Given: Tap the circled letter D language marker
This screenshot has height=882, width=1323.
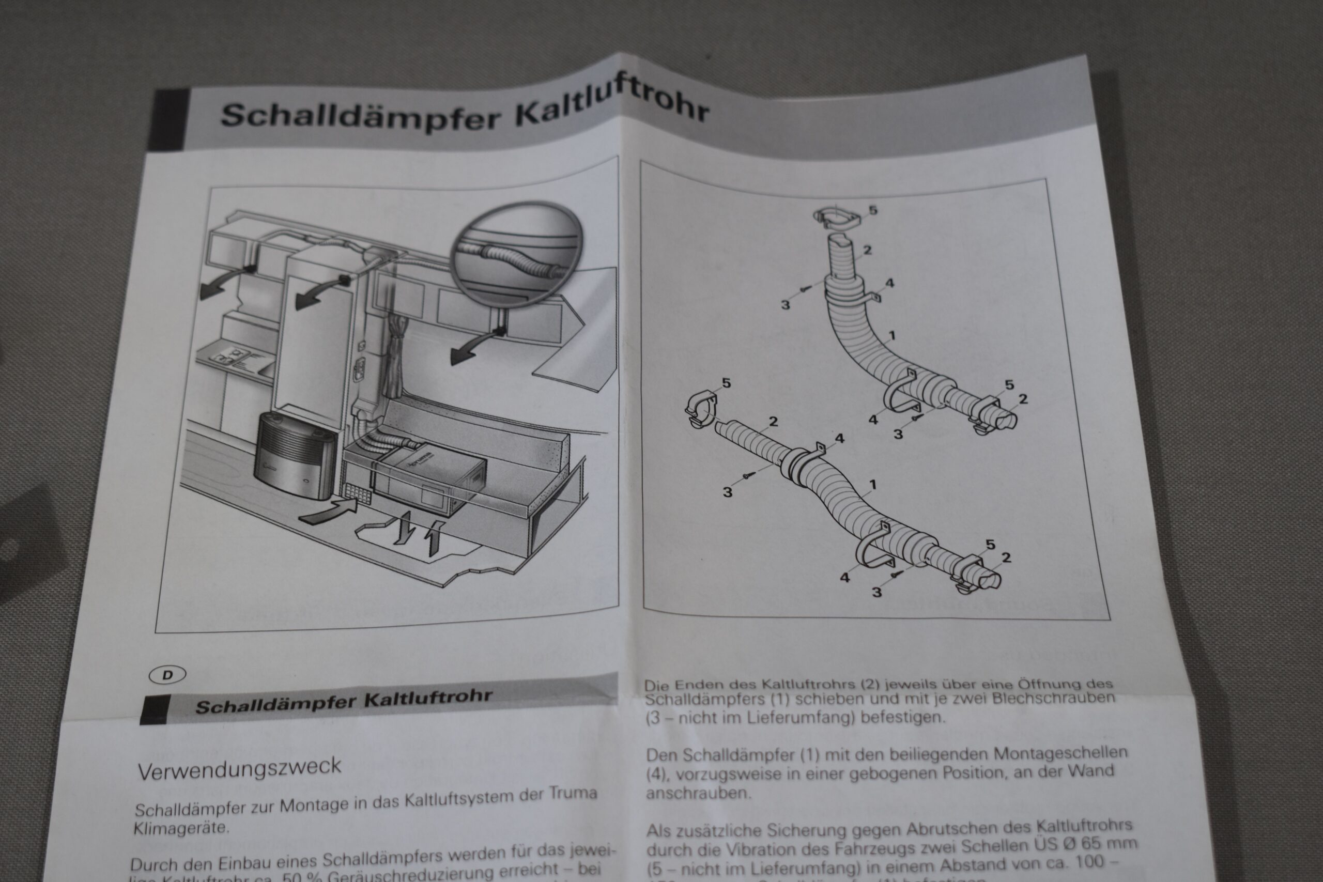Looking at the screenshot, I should [167, 675].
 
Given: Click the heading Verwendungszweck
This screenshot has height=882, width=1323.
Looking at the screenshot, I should [240, 768].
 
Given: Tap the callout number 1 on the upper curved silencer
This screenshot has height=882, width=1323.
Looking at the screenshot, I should [892, 336].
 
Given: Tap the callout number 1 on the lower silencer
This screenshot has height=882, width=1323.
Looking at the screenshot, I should [872, 484].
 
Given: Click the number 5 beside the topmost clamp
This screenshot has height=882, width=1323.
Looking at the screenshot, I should [872, 210].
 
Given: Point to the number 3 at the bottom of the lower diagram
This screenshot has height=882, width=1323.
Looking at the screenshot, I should [876, 592].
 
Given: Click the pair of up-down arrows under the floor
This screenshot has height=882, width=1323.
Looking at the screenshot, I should [416, 532].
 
